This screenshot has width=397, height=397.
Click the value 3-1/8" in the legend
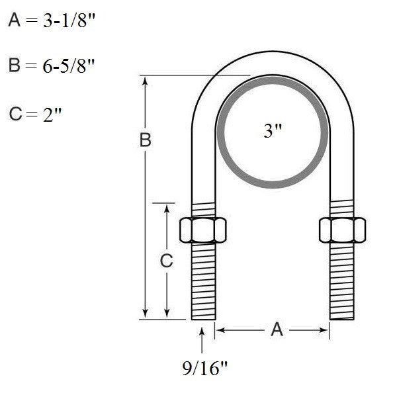pos(69,21)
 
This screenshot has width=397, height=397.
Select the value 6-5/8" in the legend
pos(68,66)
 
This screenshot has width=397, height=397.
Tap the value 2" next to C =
pos(52,114)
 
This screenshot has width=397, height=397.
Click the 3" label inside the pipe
pos(273,131)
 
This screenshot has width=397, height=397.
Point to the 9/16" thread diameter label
pos(205,369)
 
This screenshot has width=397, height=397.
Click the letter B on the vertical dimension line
pos(146,140)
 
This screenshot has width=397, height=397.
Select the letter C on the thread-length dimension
pos(166,261)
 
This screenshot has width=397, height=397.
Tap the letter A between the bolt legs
pos(277,330)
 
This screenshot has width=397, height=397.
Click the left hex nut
pos(203,230)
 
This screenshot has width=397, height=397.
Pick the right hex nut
pos(342,230)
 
